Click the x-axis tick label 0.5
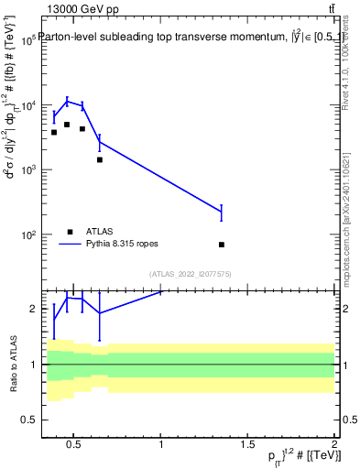click(75, 445)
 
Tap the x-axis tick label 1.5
click(247, 445)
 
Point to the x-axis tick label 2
click(334, 445)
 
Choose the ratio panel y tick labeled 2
click(32, 309)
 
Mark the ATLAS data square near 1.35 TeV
click(222, 245)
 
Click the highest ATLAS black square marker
click(67, 125)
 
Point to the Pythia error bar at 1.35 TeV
click(222, 213)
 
